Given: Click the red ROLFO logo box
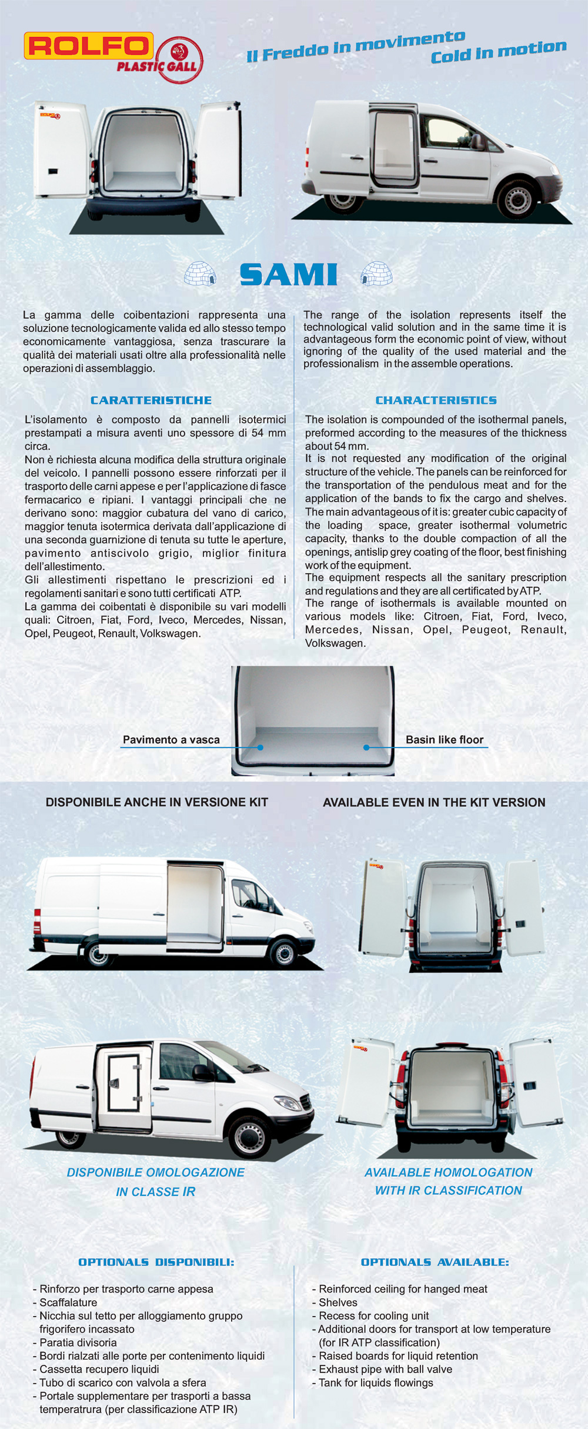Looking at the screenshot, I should [88, 46].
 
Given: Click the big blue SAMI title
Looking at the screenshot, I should [288, 275].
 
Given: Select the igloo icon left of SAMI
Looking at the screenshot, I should [200, 274].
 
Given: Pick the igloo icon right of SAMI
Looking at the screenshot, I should [376, 274].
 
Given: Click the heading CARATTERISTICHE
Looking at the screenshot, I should [151, 400].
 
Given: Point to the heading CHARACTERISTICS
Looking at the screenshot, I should [436, 400].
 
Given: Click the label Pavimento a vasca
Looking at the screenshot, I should [171, 740].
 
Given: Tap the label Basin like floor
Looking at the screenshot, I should [445, 740].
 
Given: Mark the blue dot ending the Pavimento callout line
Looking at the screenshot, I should [260, 747].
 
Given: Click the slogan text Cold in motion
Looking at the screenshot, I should [499, 52].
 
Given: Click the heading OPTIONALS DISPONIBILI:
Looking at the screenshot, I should [156, 1262].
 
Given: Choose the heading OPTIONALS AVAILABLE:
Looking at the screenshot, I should [435, 1262].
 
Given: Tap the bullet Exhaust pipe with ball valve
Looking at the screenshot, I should [385, 1369].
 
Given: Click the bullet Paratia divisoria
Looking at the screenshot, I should [78, 1342].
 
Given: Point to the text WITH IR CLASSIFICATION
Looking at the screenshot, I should [448, 1190].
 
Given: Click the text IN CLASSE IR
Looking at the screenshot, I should [156, 1192].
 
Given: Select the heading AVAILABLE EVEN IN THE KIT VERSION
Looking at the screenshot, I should [434, 802].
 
